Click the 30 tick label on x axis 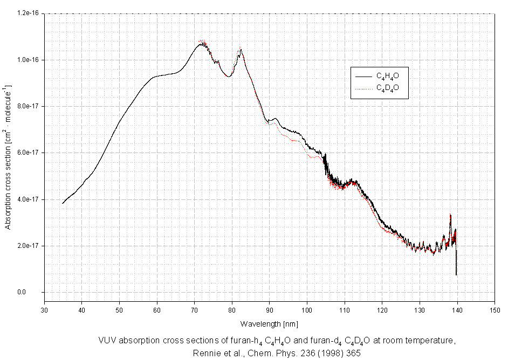coord(44,310)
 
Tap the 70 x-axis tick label coord(195,310)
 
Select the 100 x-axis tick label coord(307,310)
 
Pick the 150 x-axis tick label coord(495,310)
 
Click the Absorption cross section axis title coord(8,156)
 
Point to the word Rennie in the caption coord(205,354)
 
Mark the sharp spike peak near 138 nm coord(450,214)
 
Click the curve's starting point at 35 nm coord(63,203)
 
